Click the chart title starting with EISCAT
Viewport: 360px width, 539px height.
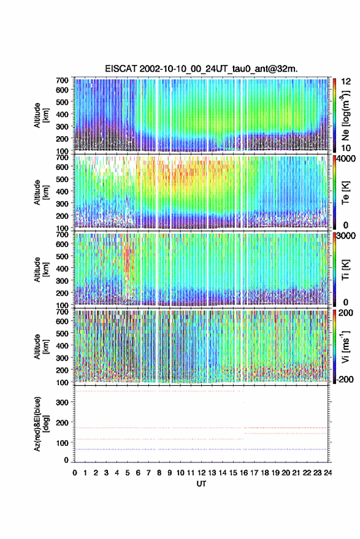201,69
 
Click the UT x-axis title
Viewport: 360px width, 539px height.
201,484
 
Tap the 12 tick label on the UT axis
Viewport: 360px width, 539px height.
201,473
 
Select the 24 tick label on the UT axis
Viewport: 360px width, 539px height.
327,473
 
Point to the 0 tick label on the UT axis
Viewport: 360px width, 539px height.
75,473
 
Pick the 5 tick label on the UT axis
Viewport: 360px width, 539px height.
128,473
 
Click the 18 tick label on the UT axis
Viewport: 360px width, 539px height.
264,473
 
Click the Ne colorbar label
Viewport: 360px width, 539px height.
345,115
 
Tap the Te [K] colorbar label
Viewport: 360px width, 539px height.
345,193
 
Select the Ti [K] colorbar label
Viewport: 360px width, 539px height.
345,270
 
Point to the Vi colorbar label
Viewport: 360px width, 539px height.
345,346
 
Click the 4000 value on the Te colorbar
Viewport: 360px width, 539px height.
345,159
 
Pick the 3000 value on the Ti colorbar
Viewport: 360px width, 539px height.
345,236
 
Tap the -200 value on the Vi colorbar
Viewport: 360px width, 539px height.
344,379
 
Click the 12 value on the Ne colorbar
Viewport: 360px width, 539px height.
346,82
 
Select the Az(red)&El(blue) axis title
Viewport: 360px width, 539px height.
41,424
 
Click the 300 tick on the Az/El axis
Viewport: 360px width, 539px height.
63,402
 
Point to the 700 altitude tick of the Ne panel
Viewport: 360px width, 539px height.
62,80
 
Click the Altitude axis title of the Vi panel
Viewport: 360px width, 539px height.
41,346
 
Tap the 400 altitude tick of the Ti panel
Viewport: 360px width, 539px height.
62,269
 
